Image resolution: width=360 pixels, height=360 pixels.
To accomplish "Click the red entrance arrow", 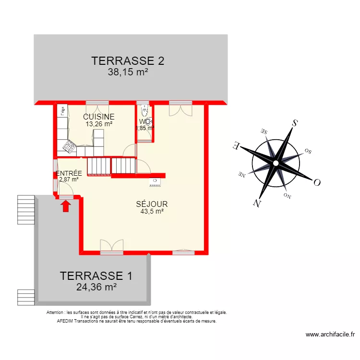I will pos(66,206).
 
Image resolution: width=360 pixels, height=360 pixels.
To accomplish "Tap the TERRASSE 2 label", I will pos(128,61).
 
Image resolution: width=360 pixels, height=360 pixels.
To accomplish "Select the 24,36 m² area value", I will pos(96,287).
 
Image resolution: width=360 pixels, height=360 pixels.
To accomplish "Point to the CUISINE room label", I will pos(99,117).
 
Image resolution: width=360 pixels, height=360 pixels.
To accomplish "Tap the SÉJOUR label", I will pos(152,204).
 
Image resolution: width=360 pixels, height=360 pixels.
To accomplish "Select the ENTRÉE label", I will pos(69,173).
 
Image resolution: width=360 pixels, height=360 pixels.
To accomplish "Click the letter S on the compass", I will pos(295,124).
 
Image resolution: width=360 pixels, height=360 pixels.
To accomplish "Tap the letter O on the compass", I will pos(317,182).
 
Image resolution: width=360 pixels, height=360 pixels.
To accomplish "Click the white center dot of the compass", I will pos(276,163).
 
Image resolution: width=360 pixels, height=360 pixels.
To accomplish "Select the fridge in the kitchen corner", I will pos(62,111).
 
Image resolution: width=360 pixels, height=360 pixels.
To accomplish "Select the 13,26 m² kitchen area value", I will pos(99,124).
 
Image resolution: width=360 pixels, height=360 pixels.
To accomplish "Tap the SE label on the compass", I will pos(264,131).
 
